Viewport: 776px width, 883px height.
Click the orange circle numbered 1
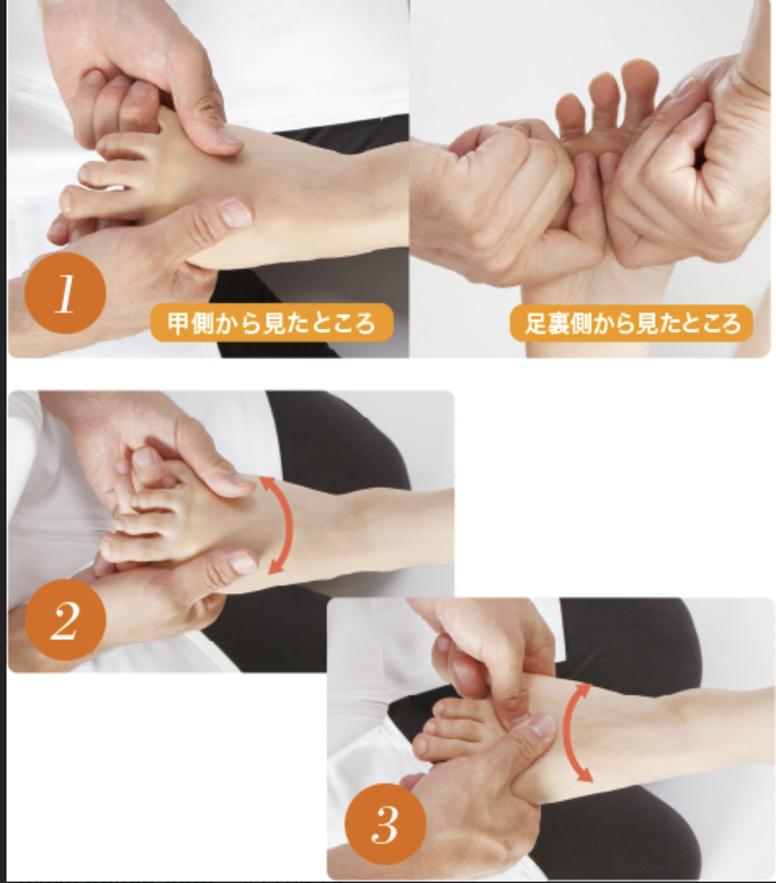(x=66, y=293)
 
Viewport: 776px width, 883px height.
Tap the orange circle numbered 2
(x=66, y=620)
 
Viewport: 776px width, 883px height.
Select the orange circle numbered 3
(x=385, y=824)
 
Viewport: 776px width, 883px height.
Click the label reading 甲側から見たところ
(x=272, y=323)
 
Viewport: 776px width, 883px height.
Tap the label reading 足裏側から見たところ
(x=631, y=323)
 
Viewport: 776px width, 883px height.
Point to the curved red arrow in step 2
(x=288, y=525)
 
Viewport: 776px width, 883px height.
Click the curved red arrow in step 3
(x=566, y=732)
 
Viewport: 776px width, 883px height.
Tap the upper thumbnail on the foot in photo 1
(x=228, y=134)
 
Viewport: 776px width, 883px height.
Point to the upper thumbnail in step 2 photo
(x=241, y=479)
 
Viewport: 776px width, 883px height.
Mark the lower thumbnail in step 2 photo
(x=243, y=564)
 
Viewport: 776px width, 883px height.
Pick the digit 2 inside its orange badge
(x=64, y=620)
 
